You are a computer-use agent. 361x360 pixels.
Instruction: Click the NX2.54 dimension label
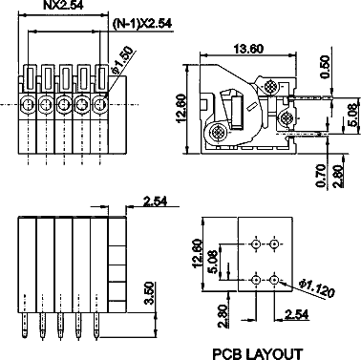click(x=63, y=5)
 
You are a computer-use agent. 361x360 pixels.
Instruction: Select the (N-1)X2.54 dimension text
click(x=142, y=23)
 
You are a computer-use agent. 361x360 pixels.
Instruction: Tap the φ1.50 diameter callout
click(x=122, y=58)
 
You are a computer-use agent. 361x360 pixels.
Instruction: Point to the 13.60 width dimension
click(x=248, y=49)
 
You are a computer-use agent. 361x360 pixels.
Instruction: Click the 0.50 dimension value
click(x=325, y=67)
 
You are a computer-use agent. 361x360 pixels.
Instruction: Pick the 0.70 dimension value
click(x=321, y=176)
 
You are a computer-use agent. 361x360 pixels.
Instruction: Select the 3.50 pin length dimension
click(x=149, y=293)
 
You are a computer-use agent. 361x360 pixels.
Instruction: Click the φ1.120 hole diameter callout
click(x=317, y=288)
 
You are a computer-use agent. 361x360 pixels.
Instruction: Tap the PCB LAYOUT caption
click(x=258, y=354)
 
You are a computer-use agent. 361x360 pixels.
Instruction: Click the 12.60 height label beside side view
click(x=180, y=109)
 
